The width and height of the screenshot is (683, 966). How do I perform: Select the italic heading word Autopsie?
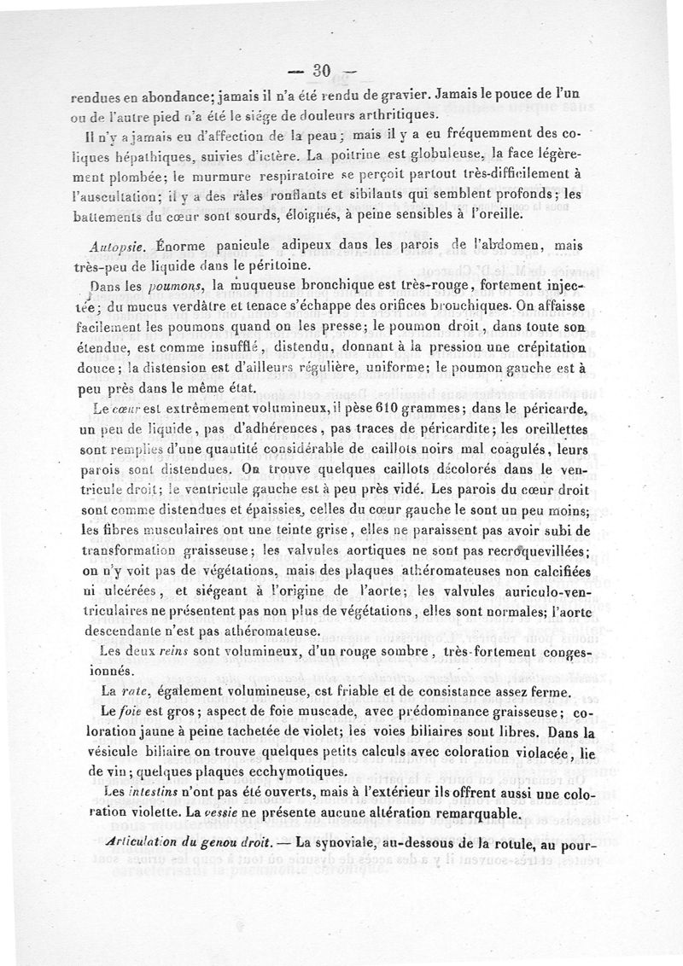pos(113,243)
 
